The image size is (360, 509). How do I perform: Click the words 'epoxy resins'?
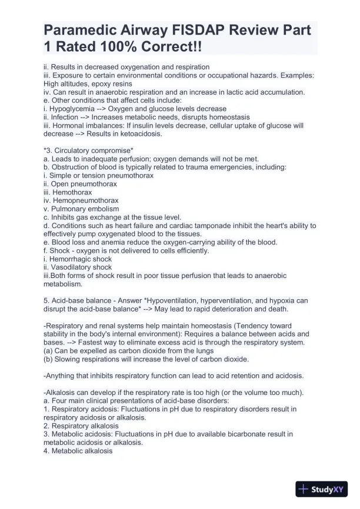[x=111, y=84]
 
